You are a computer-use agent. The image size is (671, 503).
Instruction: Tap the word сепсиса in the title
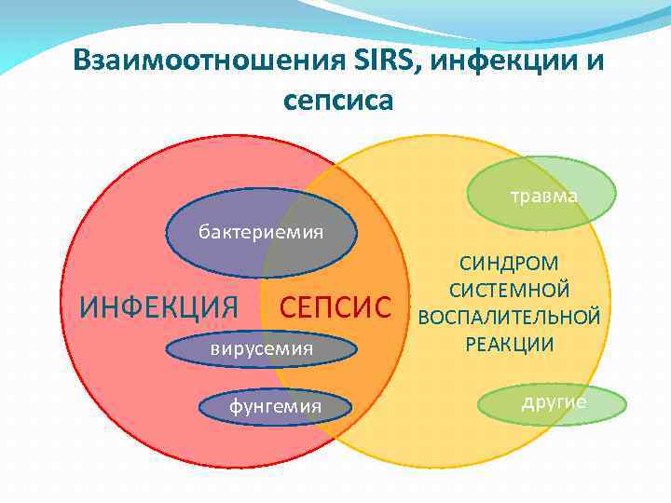coord(338,100)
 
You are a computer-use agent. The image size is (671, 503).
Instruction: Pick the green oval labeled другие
coord(553,402)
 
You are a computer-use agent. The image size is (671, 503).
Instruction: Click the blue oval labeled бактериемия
coord(261,233)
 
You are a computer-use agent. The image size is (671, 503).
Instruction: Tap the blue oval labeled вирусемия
coord(261,349)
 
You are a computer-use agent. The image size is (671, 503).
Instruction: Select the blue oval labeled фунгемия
coord(276,407)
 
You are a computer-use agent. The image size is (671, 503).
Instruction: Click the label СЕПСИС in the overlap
coord(335,306)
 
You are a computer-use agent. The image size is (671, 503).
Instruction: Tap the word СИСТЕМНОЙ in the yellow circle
coord(509,290)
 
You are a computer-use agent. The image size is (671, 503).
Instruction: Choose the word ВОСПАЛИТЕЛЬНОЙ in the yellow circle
coord(509,317)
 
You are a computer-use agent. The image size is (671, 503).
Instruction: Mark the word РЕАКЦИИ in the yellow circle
coord(509,344)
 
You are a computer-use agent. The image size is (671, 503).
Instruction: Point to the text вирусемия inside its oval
coord(261,348)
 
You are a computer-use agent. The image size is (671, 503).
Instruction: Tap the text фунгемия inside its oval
coord(276,407)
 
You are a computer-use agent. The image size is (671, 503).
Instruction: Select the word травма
coord(544,197)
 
